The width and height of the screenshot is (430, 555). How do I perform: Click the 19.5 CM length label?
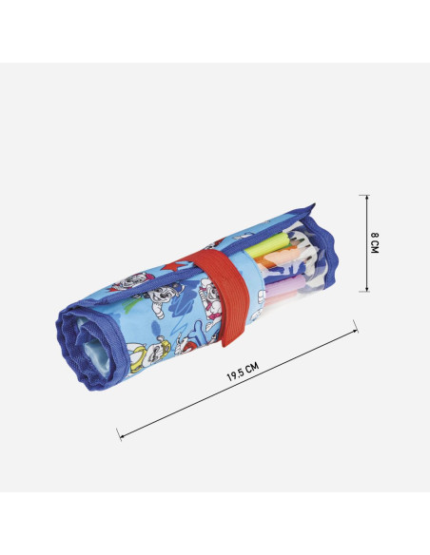click(x=243, y=372)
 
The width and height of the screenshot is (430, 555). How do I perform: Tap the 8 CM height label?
click(x=375, y=242)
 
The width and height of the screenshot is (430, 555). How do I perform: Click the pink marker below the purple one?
click(x=280, y=299)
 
